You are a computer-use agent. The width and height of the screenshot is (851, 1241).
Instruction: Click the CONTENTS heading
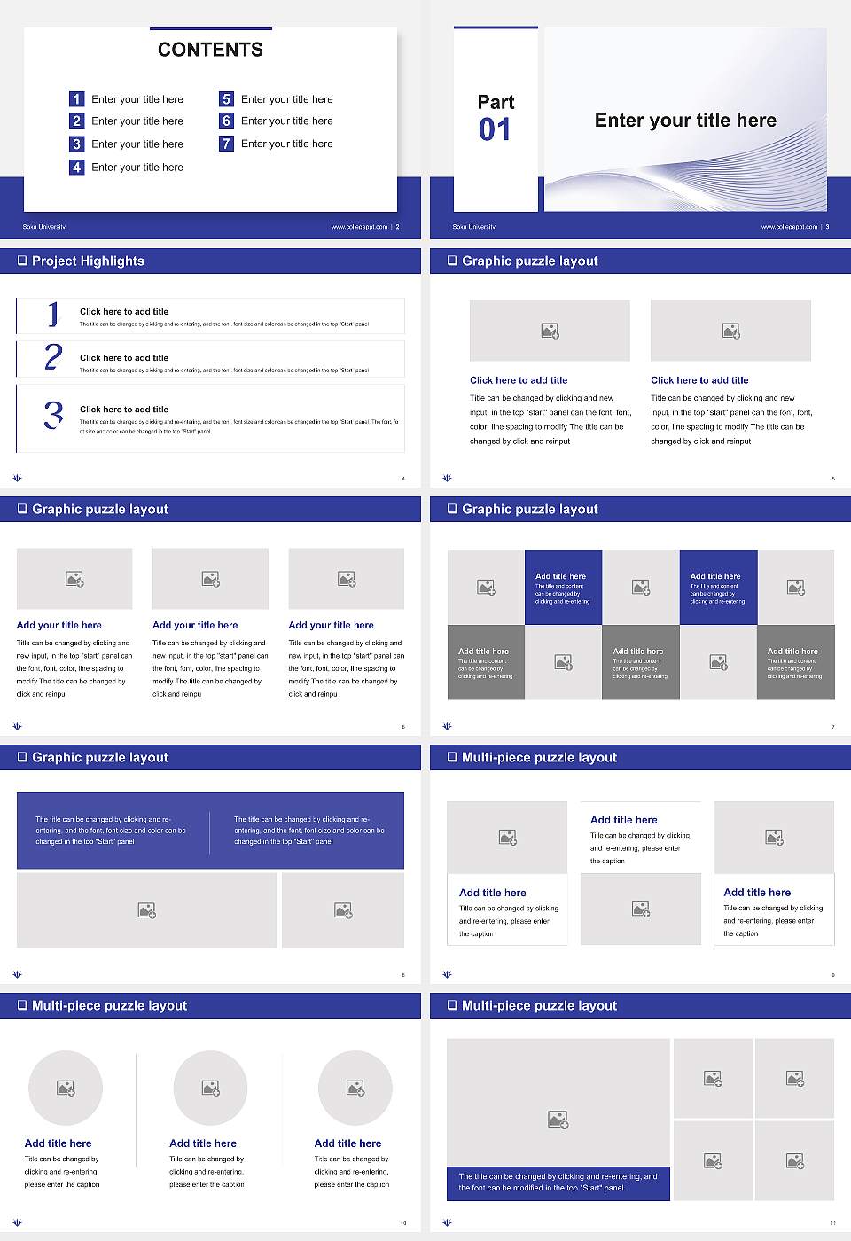(x=210, y=50)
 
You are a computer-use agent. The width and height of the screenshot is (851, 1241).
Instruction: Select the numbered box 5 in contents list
(x=227, y=99)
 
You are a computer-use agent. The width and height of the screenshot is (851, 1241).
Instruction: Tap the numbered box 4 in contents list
(x=77, y=167)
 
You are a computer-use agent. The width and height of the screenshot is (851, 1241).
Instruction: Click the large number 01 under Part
(x=495, y=130)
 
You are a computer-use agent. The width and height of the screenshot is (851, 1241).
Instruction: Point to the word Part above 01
(x=496, y=102)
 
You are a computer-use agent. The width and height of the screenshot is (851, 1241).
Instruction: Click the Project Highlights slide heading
(x=88, y=261)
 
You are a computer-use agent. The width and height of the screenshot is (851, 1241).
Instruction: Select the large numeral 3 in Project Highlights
(x=53, y=415)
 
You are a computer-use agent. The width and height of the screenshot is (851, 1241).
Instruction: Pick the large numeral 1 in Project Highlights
(x=53, y=314)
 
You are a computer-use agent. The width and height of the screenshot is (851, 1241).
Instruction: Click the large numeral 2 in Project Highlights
(x=53, y=357)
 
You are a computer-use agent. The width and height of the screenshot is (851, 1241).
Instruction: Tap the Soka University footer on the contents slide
(x=44, y=227)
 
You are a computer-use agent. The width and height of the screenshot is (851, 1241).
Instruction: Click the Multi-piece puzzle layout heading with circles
(x=109, y=1005)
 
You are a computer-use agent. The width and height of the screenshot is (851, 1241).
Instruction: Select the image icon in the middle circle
(x=210, y=1088)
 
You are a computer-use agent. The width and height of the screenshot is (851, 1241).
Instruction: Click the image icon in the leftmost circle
(x=66, y=1088)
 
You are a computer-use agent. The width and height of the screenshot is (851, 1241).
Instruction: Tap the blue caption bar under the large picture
(x=558, y=1182)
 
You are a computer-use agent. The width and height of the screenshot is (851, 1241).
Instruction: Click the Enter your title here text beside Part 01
(x=685, y=121)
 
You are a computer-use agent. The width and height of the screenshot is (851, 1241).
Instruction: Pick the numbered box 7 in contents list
(x=227, y=144)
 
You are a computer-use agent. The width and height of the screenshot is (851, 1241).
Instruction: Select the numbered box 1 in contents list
(x=77, y=99)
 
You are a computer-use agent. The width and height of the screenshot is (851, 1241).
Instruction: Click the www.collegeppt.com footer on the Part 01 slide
(x=789, y=227)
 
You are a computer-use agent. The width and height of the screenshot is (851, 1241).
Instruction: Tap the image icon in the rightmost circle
(x=355, y=1088)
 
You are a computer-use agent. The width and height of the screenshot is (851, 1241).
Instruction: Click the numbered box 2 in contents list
(x=77, y=121)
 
